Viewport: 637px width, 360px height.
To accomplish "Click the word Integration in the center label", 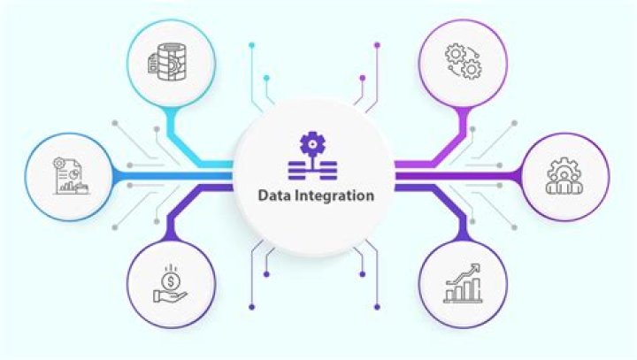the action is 334,196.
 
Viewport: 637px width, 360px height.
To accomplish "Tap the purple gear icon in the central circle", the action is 312,144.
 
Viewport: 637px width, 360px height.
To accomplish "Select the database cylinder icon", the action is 167,62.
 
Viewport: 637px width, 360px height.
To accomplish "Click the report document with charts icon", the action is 70,176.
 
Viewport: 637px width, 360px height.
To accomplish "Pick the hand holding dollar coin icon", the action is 170,284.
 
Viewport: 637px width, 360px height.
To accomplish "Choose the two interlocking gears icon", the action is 463,62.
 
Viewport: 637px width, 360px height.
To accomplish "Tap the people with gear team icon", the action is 564,176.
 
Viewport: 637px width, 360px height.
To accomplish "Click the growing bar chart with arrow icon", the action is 463,284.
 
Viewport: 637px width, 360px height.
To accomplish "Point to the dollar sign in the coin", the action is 171,281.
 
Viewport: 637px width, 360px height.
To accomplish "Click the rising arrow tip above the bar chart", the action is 477,267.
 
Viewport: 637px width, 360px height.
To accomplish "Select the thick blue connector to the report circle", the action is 173,176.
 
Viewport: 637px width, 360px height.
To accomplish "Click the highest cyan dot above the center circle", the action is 252,45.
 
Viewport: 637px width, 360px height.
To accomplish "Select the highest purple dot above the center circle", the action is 377,45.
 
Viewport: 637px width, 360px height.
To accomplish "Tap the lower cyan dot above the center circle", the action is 266,78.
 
